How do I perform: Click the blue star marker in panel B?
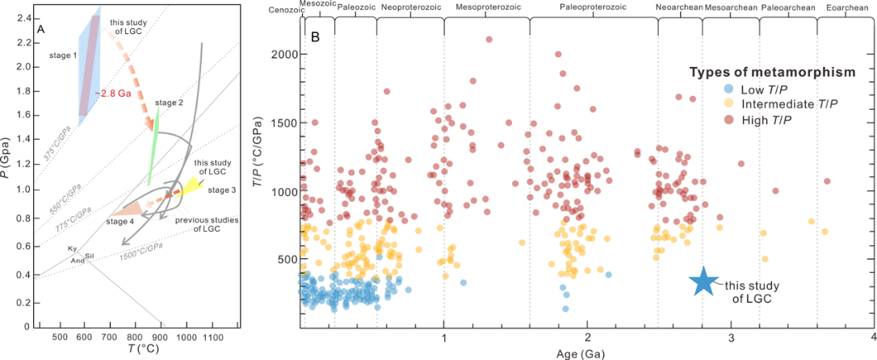pyautogui.click(x=704, y=281)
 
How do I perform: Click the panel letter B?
pyautogui.click(x=315, y=36)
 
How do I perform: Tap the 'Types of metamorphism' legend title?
pyautogui.click(x=772, y=73)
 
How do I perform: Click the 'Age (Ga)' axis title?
pyautogui.click(x=585, y=353)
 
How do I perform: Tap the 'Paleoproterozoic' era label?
pyautogui.click(x=593, y=7)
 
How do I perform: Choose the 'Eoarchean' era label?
pyautogui.click(x=846, y=7)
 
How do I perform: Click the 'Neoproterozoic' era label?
pyautogui.click(x=409, y=7)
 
